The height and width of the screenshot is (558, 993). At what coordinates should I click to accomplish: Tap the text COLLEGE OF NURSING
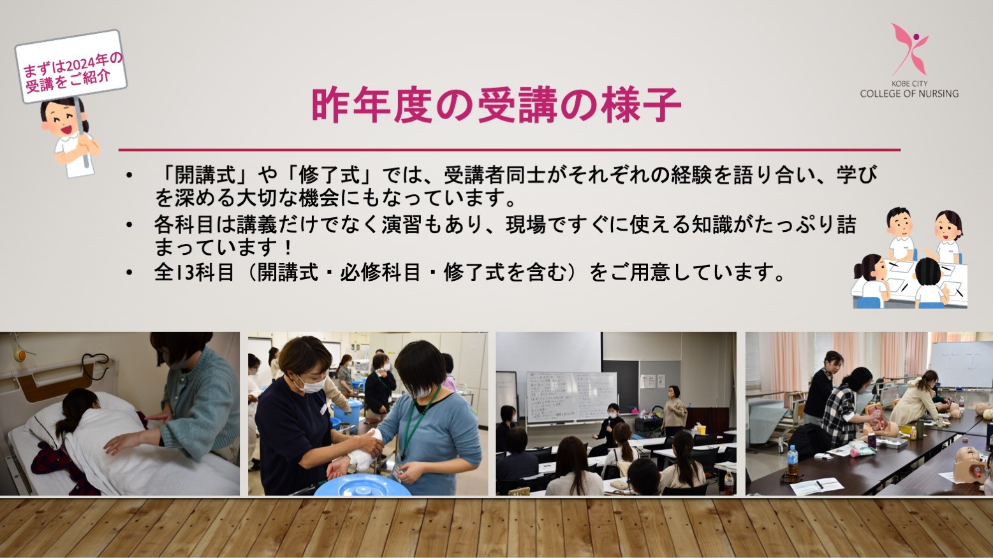click(909, 94)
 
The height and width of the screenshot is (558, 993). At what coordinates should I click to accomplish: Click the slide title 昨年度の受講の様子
click(496, 105)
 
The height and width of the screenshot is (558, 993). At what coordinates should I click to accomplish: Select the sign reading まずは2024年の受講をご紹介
click(71, 66)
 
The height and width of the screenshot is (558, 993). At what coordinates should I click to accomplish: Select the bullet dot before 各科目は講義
click(129, 225)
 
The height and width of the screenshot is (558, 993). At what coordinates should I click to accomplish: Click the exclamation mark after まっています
click(289, 248)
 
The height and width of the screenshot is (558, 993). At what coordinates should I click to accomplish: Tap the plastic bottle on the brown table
click(792, 460)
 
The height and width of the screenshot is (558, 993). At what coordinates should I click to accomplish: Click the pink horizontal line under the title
click(510, 150)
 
